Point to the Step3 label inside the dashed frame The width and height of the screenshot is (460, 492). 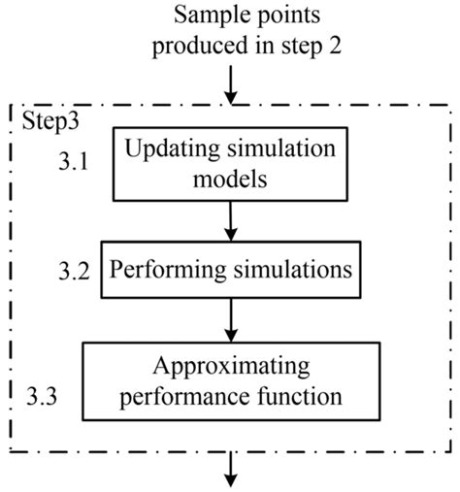tap(45, 120)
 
